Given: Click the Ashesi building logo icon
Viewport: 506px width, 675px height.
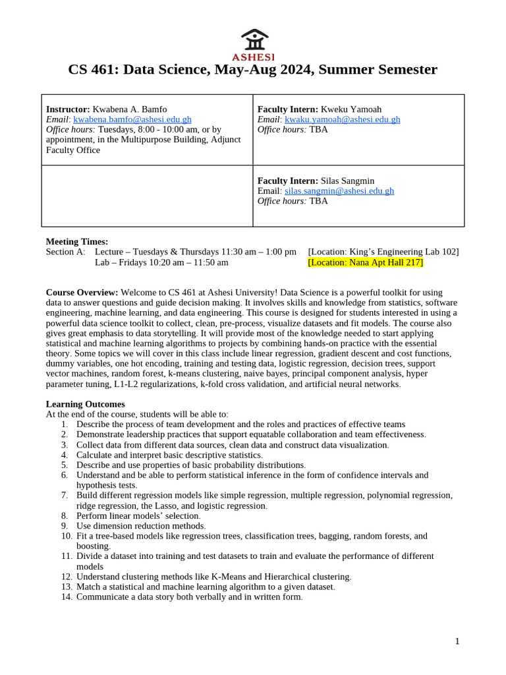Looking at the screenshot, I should pyautogui.click(x=254, y=39).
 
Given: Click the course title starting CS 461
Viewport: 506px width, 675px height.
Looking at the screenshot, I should pyautogui.click(x=252, y=69).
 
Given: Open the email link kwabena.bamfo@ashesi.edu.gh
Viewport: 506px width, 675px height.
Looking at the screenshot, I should pyautogui.click(x=132, y=119).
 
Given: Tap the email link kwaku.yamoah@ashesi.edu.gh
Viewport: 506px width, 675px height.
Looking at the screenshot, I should pyautogui.click(x=342, y=119).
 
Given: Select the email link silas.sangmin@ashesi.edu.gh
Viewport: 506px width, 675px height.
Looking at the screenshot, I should pyautogui.click(x=339, y=191).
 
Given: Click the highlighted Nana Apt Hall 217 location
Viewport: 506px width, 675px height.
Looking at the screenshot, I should pyautogui.click(x=365, y=262).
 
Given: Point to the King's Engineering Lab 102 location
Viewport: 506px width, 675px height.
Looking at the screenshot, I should pyautogui.click(x=383, y=252).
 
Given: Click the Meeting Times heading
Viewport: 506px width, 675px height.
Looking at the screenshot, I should pyautogui.click(x=76, y=241).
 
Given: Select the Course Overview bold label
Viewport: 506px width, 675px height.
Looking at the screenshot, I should pyautogui.click(x=82, y=292).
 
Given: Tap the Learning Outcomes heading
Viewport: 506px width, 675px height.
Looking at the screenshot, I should pyautogui.click(x=85, y=403).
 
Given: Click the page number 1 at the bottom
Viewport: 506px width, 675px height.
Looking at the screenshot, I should pyautogui.click(x=457, y=641).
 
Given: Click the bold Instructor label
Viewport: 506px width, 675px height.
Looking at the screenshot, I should pyautogui.click(x=68, y=109).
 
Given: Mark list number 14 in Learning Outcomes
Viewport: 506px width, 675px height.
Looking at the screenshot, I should pyautogui.click(x=67, y=597).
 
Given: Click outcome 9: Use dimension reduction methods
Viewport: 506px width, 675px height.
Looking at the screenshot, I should pyautogui.click(x=141, y=525).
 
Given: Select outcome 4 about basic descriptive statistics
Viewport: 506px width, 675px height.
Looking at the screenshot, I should pyautogui.click(x=169, y=455).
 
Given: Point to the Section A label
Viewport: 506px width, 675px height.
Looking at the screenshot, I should pyautogui.click(x=65, y=252).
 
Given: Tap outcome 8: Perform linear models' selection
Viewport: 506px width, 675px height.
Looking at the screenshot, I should pyautogui.click(x=138, y=515).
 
